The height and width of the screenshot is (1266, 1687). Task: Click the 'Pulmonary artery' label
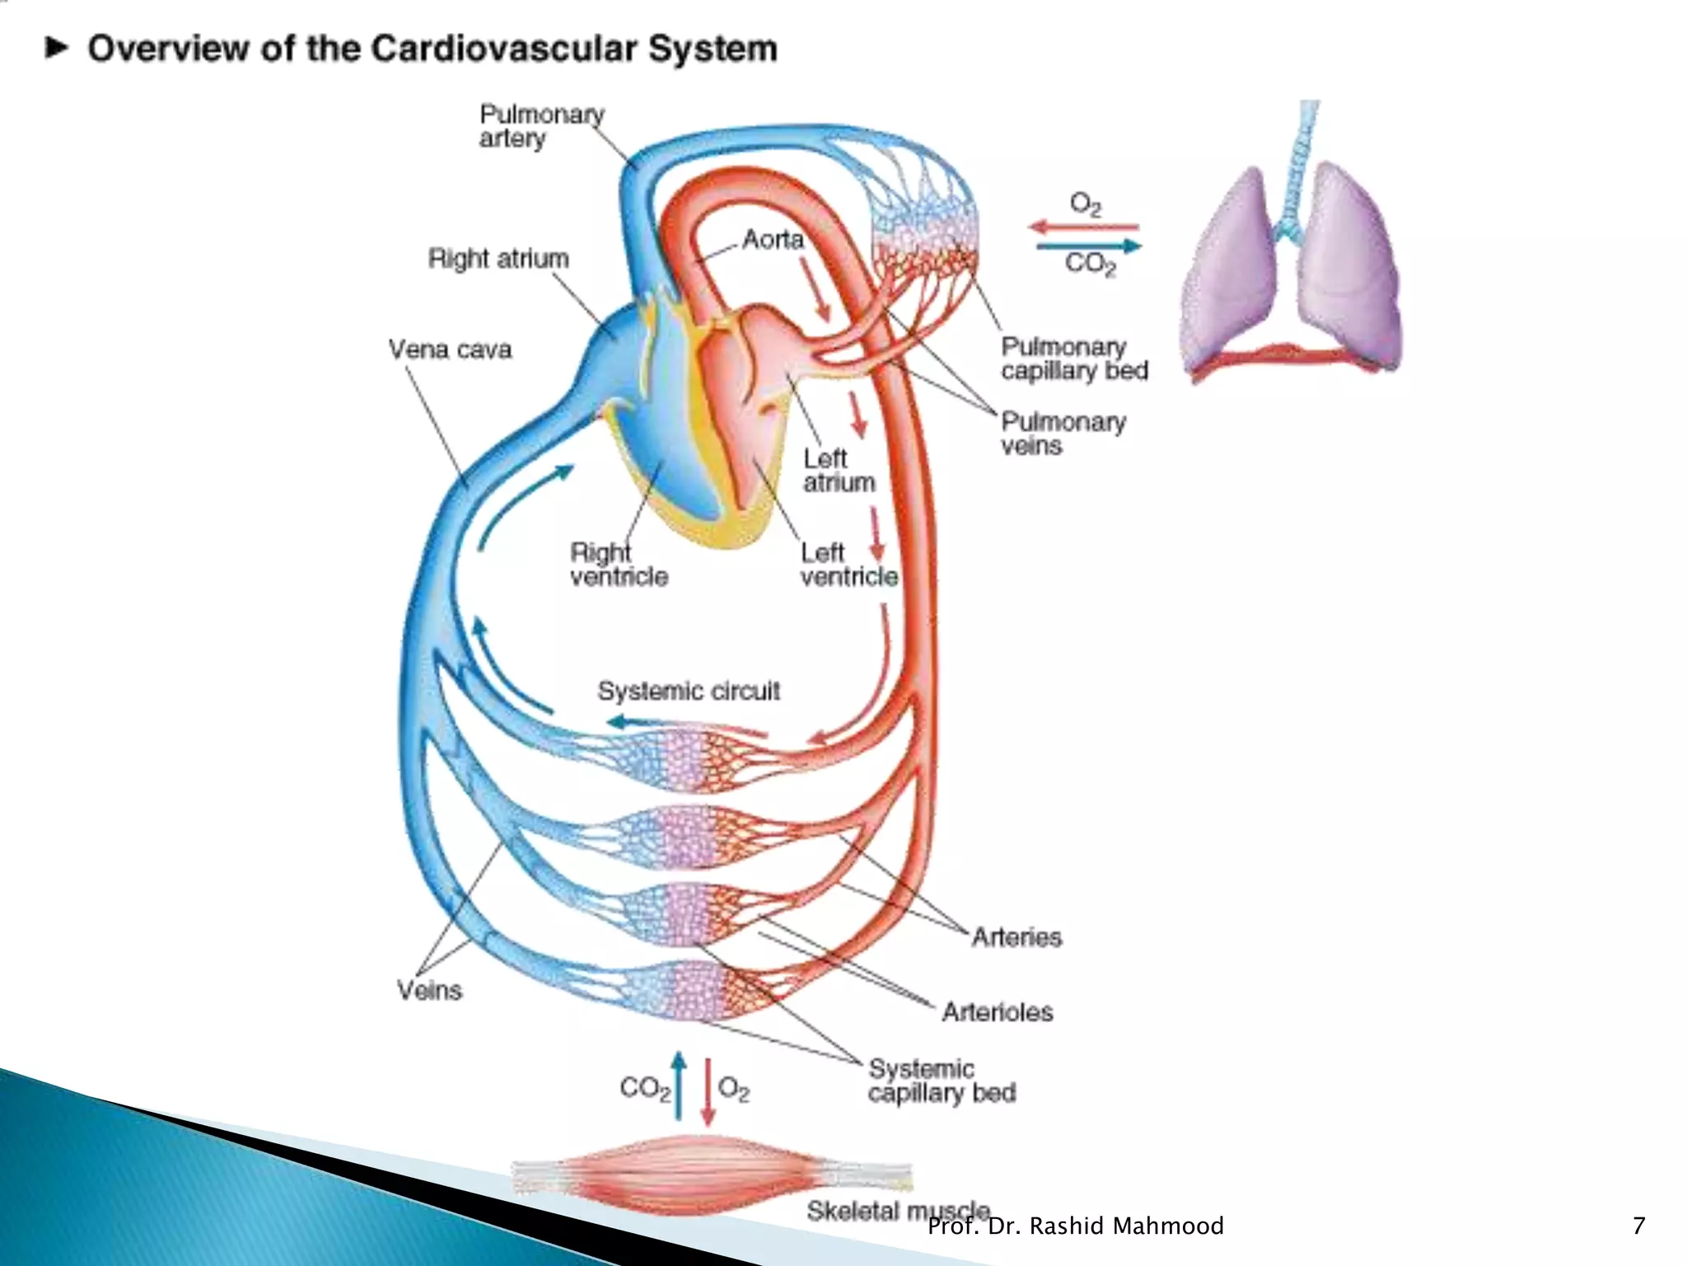coord(540,126)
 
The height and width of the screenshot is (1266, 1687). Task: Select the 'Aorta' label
coord(772,240)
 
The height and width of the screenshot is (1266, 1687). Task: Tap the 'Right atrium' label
coord(498,259)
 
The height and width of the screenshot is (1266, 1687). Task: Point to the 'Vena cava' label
coord(450,349)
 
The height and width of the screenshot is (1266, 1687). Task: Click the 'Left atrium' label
coord(838,471)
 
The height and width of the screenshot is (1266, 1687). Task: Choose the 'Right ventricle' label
coord(618,565)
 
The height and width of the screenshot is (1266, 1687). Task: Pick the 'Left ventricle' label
coord(848,565)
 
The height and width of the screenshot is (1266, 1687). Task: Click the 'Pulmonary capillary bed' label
coord(1073,359)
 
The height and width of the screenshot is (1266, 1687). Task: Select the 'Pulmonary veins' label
coord(1062,434)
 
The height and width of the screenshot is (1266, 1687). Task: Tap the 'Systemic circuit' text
coord(688,691)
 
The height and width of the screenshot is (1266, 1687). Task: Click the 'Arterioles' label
coord(997,1011)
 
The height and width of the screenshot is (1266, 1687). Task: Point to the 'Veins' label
coord(429,990)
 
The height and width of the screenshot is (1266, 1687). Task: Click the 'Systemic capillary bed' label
coord(941,1081)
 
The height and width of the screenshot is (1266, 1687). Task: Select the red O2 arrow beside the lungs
coord(1083,227)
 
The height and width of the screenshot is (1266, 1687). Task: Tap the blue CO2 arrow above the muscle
coord(678,1085)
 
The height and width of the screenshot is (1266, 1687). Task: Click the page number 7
coord(1638,1226)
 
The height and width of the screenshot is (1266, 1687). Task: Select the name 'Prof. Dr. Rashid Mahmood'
coord(1075,1226)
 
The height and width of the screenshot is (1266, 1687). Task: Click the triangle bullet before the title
coord(56,48)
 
